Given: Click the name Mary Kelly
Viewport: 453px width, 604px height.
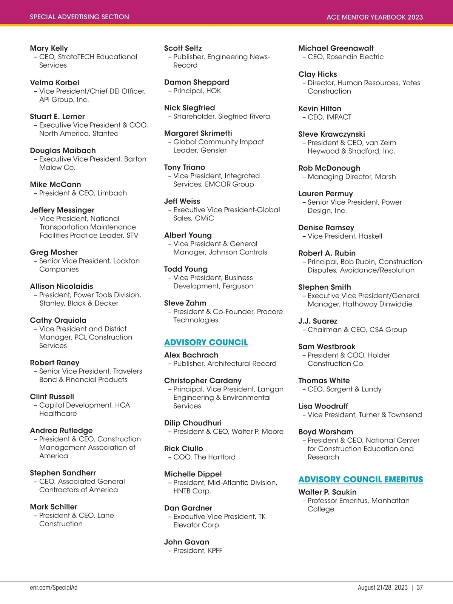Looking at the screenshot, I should coord(49,48).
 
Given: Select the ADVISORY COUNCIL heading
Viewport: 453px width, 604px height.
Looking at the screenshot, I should coord(206,342).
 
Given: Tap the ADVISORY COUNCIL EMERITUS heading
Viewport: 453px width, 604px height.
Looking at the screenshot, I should coord(361,479).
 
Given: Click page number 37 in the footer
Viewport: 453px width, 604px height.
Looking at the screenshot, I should coord(419,587).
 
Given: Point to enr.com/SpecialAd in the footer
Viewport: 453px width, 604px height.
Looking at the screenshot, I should coord(54,587).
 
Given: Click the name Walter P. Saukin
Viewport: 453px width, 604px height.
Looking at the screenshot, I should coord(327,492).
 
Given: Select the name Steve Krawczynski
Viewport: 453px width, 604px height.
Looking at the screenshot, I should coord(331,134).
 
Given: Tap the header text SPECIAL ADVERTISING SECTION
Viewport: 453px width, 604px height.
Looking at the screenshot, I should coord(79,17).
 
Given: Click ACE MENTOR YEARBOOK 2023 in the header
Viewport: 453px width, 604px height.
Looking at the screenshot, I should coord(374,17).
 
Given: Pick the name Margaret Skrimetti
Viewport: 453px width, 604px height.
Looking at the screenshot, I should coord(198,133).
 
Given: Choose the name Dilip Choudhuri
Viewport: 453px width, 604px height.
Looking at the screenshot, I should coord(193,423).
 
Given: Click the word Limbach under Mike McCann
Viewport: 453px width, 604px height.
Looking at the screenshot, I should coord(112,193).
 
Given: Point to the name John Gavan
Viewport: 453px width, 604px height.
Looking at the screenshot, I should coord(186,542).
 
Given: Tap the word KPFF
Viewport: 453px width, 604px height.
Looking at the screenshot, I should coord(215,550).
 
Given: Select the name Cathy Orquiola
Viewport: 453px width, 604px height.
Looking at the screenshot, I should coord(58,320).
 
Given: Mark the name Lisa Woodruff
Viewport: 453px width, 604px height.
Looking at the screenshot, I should coord(323,406).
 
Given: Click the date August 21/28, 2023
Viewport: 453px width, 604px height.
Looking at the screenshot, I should coord(382,587).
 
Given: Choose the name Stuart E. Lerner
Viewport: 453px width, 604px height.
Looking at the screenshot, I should coord(57,116).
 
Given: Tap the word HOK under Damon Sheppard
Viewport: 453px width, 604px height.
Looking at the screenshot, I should coord(214,91).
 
